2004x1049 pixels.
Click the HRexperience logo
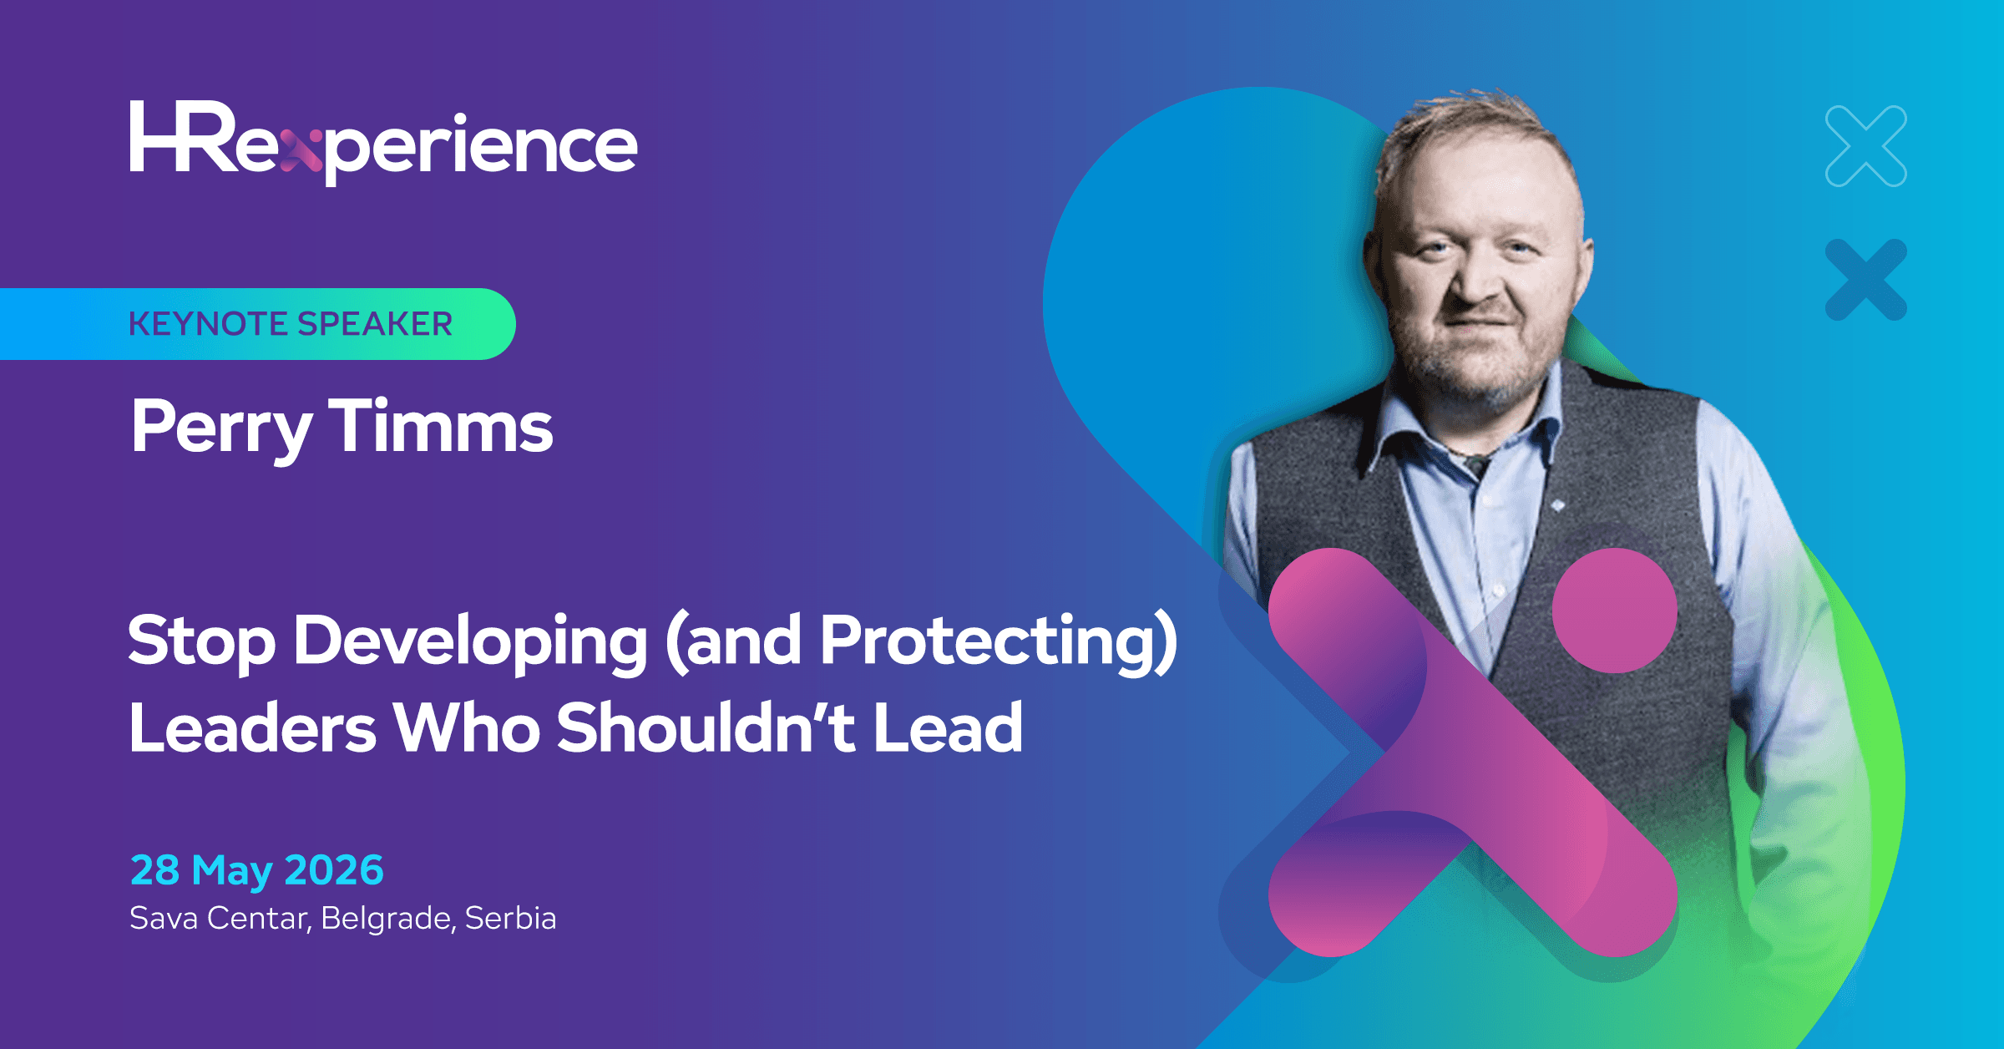[383, 143]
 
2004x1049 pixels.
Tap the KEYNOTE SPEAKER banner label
[291, 324]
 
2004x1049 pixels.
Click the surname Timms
[440, 425]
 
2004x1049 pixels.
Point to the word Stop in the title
[201, 642]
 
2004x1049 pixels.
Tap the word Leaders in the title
[253, 727]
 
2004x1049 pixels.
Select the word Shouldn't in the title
[706, 726]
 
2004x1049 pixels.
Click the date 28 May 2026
[257, 870]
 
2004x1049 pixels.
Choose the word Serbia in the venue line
[510, 918]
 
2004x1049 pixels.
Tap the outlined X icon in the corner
[1866, 146]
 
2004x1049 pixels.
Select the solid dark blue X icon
[1866, 280]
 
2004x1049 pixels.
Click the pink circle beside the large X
[1615, 611]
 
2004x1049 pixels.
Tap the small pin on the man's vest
[1557, 505]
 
